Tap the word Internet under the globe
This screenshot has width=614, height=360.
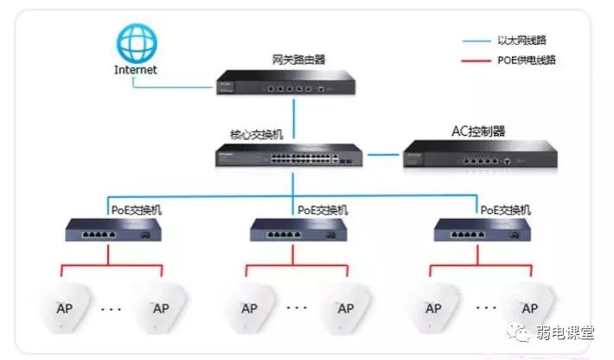pos(137,69)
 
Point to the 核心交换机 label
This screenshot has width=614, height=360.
pos(257,136)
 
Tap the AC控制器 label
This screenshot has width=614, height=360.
pos(478,132)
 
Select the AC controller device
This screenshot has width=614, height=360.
pos(479,157)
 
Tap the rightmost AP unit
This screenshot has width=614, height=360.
pos(530,308)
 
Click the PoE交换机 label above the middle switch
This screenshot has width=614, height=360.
pos(323,210)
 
